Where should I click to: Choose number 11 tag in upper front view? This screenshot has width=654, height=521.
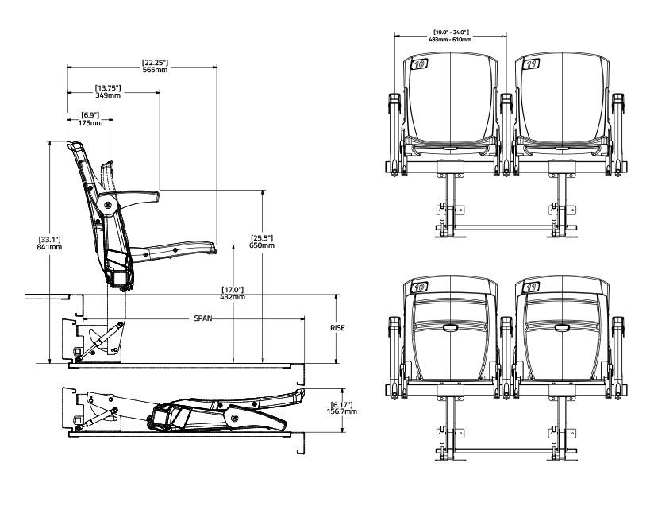529,64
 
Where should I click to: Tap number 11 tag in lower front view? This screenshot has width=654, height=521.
529,288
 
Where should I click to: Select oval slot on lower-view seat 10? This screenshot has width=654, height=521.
450,327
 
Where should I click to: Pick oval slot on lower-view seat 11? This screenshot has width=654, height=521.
561,327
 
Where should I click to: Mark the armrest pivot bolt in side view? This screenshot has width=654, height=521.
107,206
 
